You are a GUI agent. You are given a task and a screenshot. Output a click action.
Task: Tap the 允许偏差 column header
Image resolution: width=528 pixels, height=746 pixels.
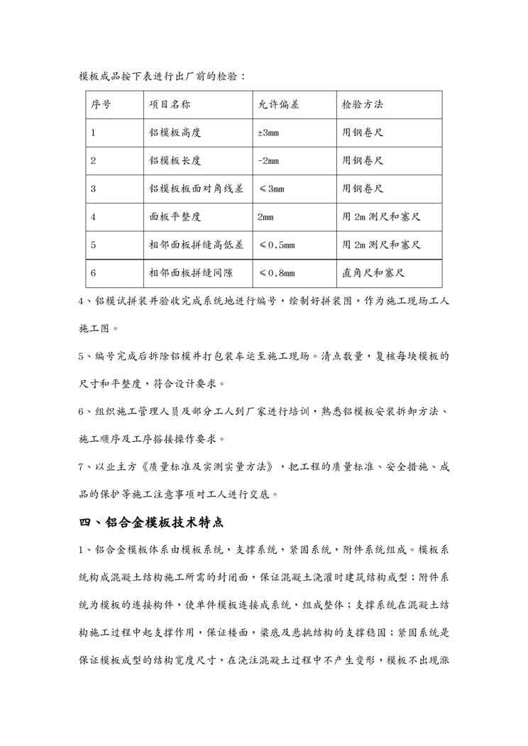point(278,104)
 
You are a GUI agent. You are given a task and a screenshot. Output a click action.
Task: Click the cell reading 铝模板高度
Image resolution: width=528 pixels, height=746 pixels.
point(175,133)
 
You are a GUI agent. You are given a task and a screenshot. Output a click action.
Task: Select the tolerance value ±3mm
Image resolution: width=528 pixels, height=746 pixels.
point(268,133)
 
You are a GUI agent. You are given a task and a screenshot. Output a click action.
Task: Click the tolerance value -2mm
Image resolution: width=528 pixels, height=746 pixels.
point(268,160)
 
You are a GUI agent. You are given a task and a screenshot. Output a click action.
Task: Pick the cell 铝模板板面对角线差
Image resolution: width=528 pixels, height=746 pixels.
point(197,189)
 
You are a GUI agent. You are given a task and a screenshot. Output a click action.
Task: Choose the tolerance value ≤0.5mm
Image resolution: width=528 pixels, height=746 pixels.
point(276,245)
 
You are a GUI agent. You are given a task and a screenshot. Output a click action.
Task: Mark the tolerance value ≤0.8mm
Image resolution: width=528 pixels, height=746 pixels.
point(276,272)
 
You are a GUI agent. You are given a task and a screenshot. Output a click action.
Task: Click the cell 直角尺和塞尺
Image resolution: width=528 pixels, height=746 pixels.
point(373,272)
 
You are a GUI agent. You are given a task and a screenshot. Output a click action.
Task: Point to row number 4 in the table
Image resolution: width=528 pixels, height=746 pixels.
point(94,216)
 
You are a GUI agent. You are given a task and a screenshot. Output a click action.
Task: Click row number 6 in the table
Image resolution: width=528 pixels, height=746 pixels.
point(94,272)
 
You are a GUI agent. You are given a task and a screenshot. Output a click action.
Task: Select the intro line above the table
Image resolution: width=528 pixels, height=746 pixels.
point(162,75)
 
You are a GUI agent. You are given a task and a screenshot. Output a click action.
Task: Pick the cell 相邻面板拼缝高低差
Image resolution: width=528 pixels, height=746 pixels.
point(197,245)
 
